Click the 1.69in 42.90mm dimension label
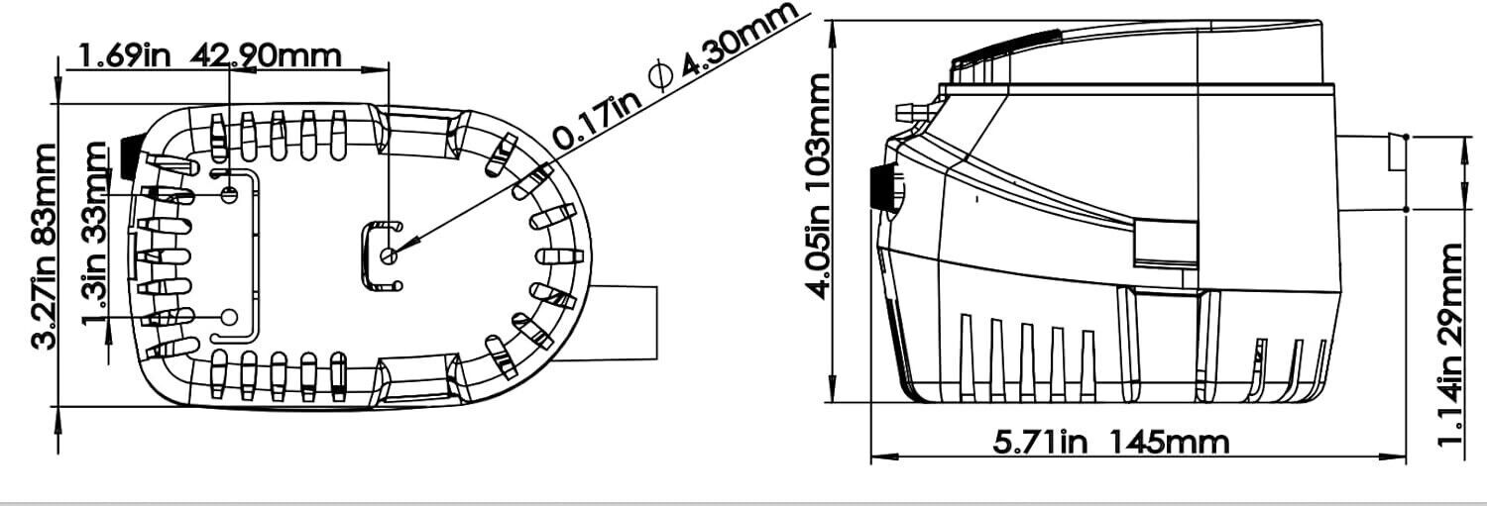coord(209,55)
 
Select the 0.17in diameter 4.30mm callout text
coord(674,80)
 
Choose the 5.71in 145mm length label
coord(1111,441)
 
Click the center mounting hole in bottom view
coord(389,256)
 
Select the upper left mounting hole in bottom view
coord(229,194)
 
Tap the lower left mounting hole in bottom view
coord(229,317)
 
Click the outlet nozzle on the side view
coord(1373,173)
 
